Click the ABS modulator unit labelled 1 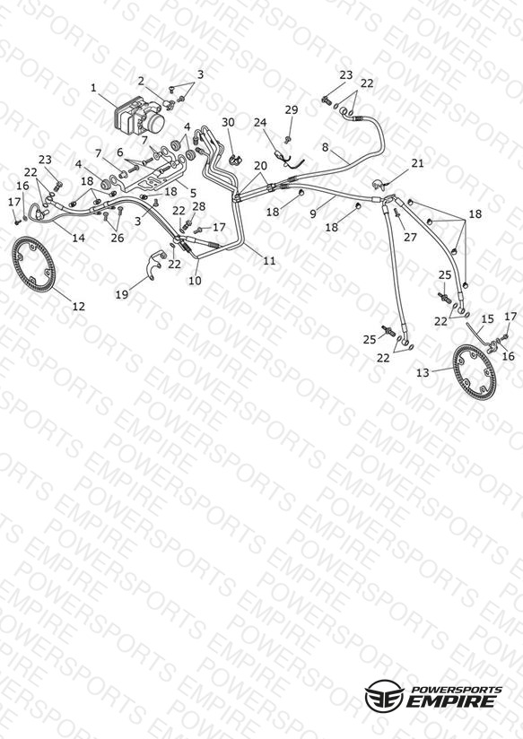point(140,116)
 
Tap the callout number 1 point(93,88)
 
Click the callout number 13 point(423,373)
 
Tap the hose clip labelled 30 point(234,160)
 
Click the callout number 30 point(228,123)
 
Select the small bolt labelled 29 point(288,139)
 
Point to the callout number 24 point(260,123)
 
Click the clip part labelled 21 point(379,183)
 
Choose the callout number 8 point(325,147)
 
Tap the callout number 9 point(313,214)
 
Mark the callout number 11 point(269,261)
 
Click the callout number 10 point(195,281)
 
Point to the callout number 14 point(78,238)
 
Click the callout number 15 point(487,319)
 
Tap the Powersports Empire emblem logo point(384,695)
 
